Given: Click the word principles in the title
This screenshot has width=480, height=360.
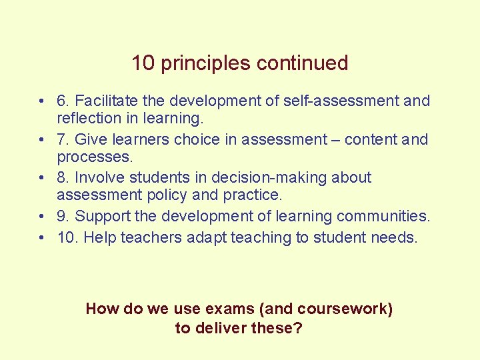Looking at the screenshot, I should (206, 63).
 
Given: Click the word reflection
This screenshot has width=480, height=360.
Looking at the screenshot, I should (88, 119).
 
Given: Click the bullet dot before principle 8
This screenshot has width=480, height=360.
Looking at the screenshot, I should (41, 178).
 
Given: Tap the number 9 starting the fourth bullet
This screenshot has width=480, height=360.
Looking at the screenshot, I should (63, 217).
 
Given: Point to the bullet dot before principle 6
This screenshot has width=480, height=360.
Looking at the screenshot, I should (41, 101).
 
